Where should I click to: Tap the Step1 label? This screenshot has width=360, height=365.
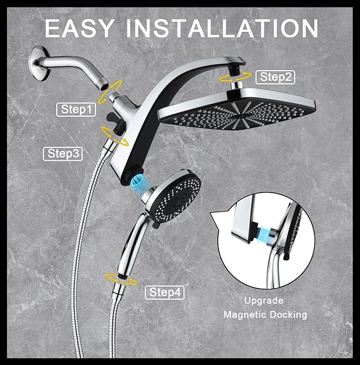[x=77, y=110]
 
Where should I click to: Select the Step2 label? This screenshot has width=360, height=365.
[x=276, y=77]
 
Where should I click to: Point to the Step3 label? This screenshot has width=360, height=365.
[x=63, y=154]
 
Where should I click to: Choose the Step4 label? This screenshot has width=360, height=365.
[x=164, y=292]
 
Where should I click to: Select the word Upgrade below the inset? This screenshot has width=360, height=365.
[x=264, y=301]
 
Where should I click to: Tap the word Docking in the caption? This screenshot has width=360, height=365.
[x=288, y=315]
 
